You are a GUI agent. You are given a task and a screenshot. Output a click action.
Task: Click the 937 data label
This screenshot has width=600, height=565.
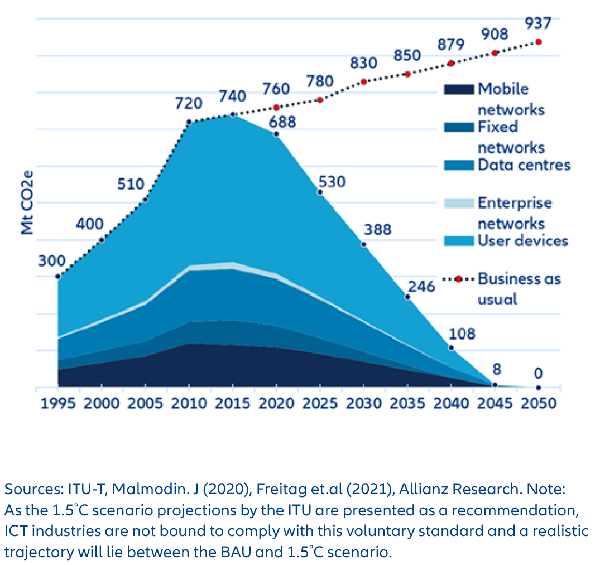tap(538, 23)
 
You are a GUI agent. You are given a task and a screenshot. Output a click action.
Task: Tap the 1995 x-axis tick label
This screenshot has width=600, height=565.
tap(58, 403)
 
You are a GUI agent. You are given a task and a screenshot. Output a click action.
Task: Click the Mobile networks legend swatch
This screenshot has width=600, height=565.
tap(458, 89)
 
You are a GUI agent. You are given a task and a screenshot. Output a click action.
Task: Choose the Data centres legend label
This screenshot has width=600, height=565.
tap(524, 165)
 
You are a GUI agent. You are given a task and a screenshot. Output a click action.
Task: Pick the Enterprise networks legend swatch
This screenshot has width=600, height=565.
tap(458, 203)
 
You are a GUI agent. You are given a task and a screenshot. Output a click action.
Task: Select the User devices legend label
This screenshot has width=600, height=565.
tap(522, 241)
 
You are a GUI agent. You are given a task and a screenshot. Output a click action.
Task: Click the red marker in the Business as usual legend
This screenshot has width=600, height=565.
tap(458, 279)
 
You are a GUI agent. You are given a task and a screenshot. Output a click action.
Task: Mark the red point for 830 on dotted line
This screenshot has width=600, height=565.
tap(364, 81)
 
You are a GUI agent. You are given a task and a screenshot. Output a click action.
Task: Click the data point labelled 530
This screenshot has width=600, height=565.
tap(320, 192)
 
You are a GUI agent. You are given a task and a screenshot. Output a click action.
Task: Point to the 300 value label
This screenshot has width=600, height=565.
tap(51, 260)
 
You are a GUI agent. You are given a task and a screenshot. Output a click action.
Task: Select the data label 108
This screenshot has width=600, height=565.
tap(462, 334)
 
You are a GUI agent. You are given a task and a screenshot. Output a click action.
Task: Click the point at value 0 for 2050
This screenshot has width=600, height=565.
tap(538, 387)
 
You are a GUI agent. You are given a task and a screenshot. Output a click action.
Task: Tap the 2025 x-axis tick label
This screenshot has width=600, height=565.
tap(320, 403)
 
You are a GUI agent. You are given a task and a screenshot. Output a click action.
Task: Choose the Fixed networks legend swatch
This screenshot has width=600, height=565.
tap(458, 127)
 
